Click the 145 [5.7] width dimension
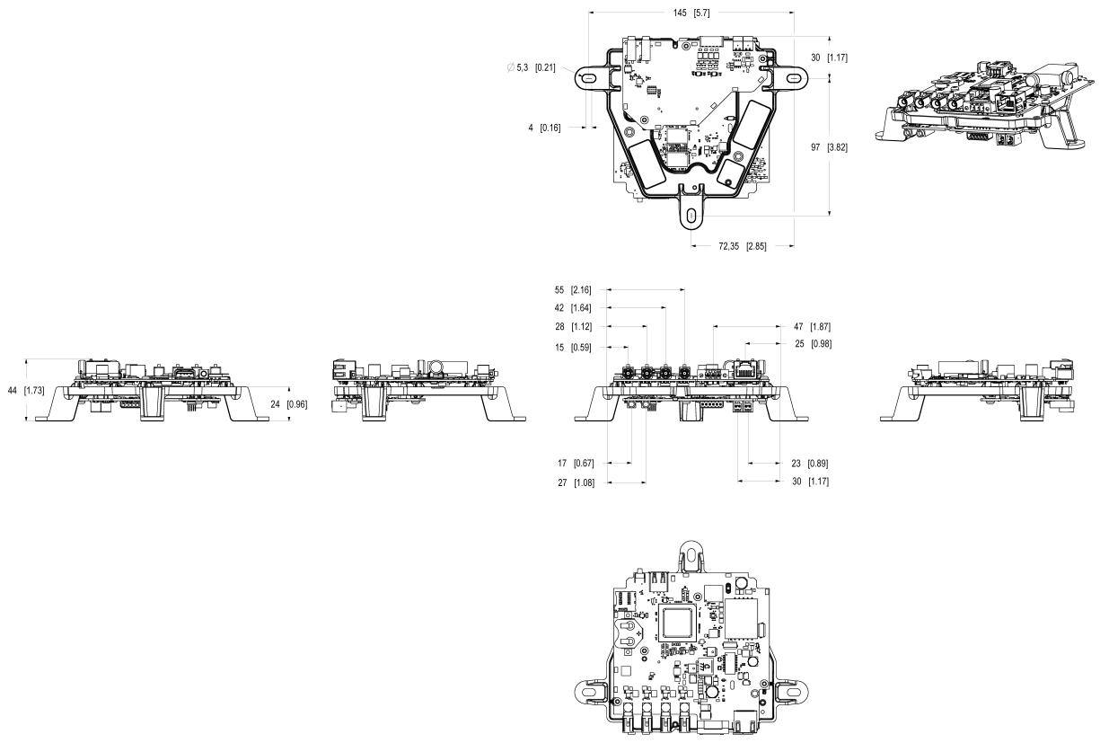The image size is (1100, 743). pyautogui.click(x=691, y=13)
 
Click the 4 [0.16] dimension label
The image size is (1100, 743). pyautogui.click(x=544, y=128)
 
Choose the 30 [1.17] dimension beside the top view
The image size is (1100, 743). pyautogui.click(x=830, y=57)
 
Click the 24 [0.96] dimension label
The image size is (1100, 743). pyautogui.click(x=289, y=404)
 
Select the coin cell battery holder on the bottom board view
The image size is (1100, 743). pyautogui.click(x=632, y=630)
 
